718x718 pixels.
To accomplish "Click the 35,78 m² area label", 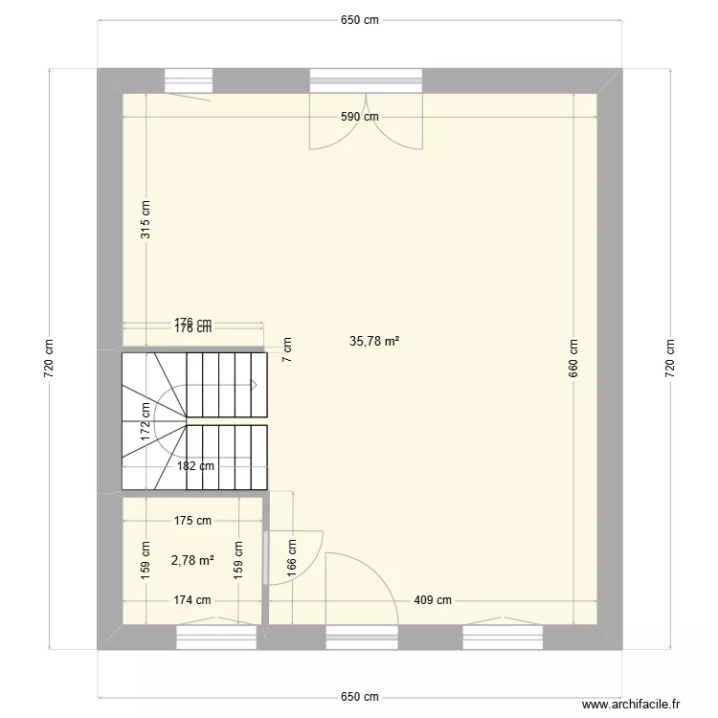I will (x=374, y=340).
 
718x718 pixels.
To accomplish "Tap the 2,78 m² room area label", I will (x=192, y=561).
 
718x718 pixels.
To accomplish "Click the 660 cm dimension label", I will (x=573, y=359).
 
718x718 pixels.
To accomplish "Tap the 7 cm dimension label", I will (x=287, y=349).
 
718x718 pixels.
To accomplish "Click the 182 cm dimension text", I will (x=196, y=466).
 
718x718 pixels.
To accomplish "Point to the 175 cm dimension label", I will (x=192, y=522).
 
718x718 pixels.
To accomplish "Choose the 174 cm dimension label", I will (x=191, y=600).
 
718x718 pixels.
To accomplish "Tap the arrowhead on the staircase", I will (x=255, y=385).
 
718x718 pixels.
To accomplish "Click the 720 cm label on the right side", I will (x=669, y=359).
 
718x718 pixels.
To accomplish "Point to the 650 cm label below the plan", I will (x=360, y=697).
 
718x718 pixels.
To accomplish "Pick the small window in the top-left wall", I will (x=188, y=80).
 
